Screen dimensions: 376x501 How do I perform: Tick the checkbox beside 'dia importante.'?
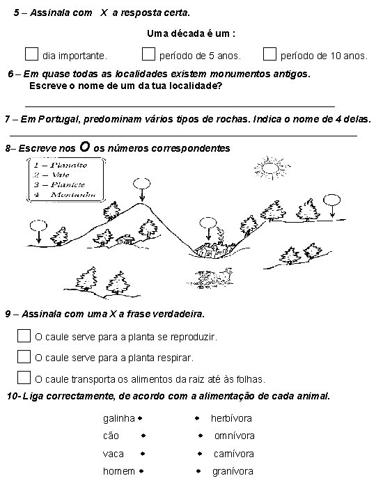tap(31, 53)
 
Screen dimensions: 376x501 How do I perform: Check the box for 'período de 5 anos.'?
tap(148, 53)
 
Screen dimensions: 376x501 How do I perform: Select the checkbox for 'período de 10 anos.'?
tap(269, 53)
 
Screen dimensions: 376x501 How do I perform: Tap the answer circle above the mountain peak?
tap(141, 184)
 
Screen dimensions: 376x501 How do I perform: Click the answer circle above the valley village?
tap(208, 223)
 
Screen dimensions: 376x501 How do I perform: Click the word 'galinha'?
tap(118, 418)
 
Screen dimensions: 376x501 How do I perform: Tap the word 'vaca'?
tap(113, 454)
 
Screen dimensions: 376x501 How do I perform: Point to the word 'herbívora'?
tap(231, 418)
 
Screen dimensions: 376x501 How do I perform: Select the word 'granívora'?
tap(233, 471)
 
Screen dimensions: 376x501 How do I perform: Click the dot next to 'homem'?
tap(140, 471)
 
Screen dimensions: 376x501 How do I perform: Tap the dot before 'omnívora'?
tap(199, 436)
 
